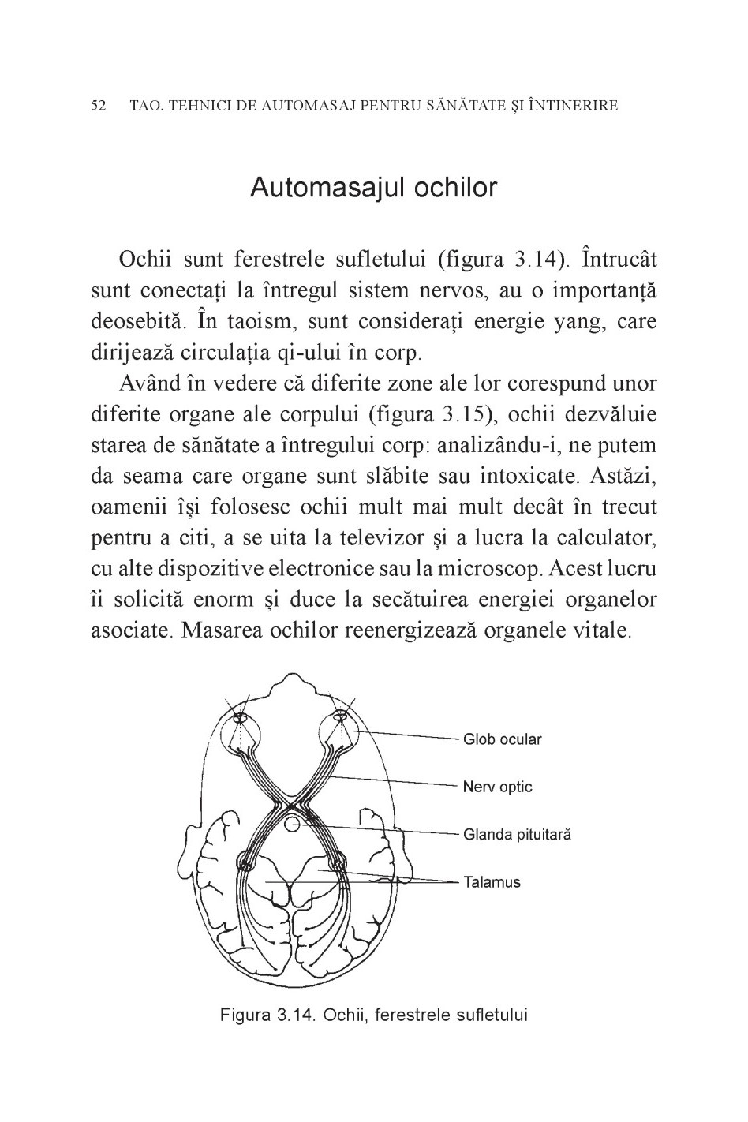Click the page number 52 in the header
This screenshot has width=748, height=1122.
[x=99, y=105]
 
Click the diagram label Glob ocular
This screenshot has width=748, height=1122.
[x=503, y=739]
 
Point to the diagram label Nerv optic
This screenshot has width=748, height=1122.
[x=498, y=787]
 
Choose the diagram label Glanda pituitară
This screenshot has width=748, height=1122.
[x=517, y=834]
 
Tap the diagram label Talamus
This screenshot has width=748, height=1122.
[x=492, y=882]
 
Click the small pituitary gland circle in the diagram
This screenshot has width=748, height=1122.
[x=292, y=825]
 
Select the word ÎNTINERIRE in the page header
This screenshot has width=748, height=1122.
[x=573, y=105]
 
